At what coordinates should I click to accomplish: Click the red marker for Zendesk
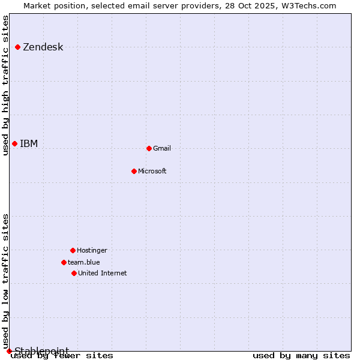[x=18, y=47]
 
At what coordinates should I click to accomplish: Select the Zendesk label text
[x=43, y=47]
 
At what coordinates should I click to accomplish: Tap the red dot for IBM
[x=14, y=143]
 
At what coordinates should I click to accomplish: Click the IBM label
[x=29, y=143]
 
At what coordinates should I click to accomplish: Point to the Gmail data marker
[x=149, y=148]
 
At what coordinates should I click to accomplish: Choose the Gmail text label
[x=162, y=148]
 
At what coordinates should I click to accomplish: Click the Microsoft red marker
[x=134, y=171]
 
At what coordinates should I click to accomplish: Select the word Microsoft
[x=152, y=171]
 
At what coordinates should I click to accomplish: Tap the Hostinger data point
[x=73, y=250]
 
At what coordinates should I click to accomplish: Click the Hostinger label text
[x=92, y=250]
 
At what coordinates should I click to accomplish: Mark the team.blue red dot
[x=64, y=262]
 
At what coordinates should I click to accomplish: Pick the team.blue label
[x=84, y=262]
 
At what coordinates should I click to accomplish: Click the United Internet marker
[x=74, y=273]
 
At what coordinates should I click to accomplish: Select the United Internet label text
[x=103, y=273]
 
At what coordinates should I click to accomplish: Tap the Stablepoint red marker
[x=9, y=351]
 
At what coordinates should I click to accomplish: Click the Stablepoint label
[x=42, y=351]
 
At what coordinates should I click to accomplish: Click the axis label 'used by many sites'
[x=301, y=356]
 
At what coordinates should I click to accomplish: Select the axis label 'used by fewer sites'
[x=62, y=356]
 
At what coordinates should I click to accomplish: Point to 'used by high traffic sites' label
[x=5, y=85]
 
